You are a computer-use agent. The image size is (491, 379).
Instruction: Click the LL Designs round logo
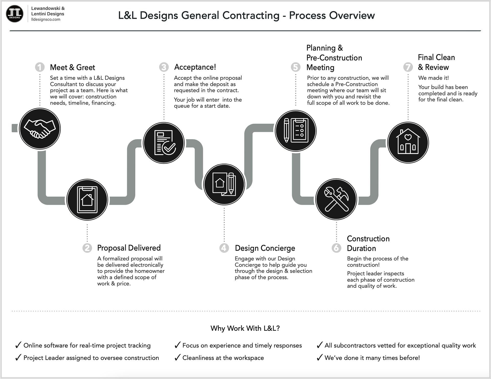click(x=15, y=14)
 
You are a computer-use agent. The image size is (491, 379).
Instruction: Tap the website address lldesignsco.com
click(x=46, y=19)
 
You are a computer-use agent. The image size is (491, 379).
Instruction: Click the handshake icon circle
click(x=40, y=129)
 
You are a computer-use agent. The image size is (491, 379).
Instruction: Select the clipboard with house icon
click(x=87, y=200)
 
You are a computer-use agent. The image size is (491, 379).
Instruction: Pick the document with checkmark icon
click(x=164, y=143)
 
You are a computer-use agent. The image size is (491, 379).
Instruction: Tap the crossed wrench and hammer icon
click(x=336, y=199)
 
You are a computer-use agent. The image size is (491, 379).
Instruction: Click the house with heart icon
click(x=408, y=142)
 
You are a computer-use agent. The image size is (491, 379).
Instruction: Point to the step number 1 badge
click(x=40, y=67)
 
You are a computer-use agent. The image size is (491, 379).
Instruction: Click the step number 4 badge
click(x=224, y=248)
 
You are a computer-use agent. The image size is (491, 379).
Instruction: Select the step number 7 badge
click(x=408, y=67)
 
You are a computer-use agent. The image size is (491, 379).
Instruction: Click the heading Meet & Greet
click(x=72, y=67)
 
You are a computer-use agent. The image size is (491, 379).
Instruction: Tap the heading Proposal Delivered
click(x=129, y=248)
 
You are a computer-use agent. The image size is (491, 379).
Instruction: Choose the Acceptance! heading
click(x=195, y=67)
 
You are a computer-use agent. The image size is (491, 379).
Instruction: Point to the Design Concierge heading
click(x=265, y=248)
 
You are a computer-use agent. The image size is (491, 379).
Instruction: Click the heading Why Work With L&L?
click(x=245, y=328)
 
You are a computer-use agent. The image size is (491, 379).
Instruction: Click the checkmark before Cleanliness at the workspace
click(x=177, y=358)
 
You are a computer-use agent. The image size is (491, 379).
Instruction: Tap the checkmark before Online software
click(x=18, y=345)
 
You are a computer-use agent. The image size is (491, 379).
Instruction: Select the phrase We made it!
click(x=433, y=78)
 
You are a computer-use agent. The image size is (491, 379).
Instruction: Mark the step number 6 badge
click(x=336, y=248)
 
